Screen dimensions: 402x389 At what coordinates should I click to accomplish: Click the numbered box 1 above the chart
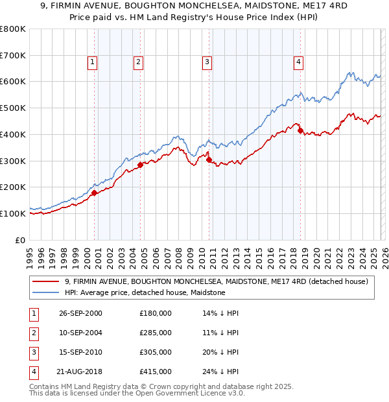click(x=93, y=62)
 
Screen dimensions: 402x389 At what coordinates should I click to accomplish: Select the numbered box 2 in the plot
click(x=139, y=62)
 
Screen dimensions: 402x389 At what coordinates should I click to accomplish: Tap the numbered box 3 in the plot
click(x=207, y=62)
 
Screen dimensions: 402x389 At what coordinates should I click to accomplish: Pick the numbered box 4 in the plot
click(x=298, y=62)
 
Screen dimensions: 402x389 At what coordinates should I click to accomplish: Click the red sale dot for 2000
click(x=95, y=193)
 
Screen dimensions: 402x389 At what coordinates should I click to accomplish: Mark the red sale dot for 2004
click(x=140, y=165)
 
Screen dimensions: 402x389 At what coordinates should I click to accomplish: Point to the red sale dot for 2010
click(x=209, y=160)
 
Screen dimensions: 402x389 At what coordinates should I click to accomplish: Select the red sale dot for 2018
click(x=300, y=130)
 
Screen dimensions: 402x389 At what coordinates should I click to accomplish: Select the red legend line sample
click(x=45, y=281)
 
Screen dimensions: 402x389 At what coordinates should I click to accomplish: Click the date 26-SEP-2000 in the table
click(x=80, y=313)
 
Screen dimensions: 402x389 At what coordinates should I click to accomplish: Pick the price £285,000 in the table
click(x=155, y=333)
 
